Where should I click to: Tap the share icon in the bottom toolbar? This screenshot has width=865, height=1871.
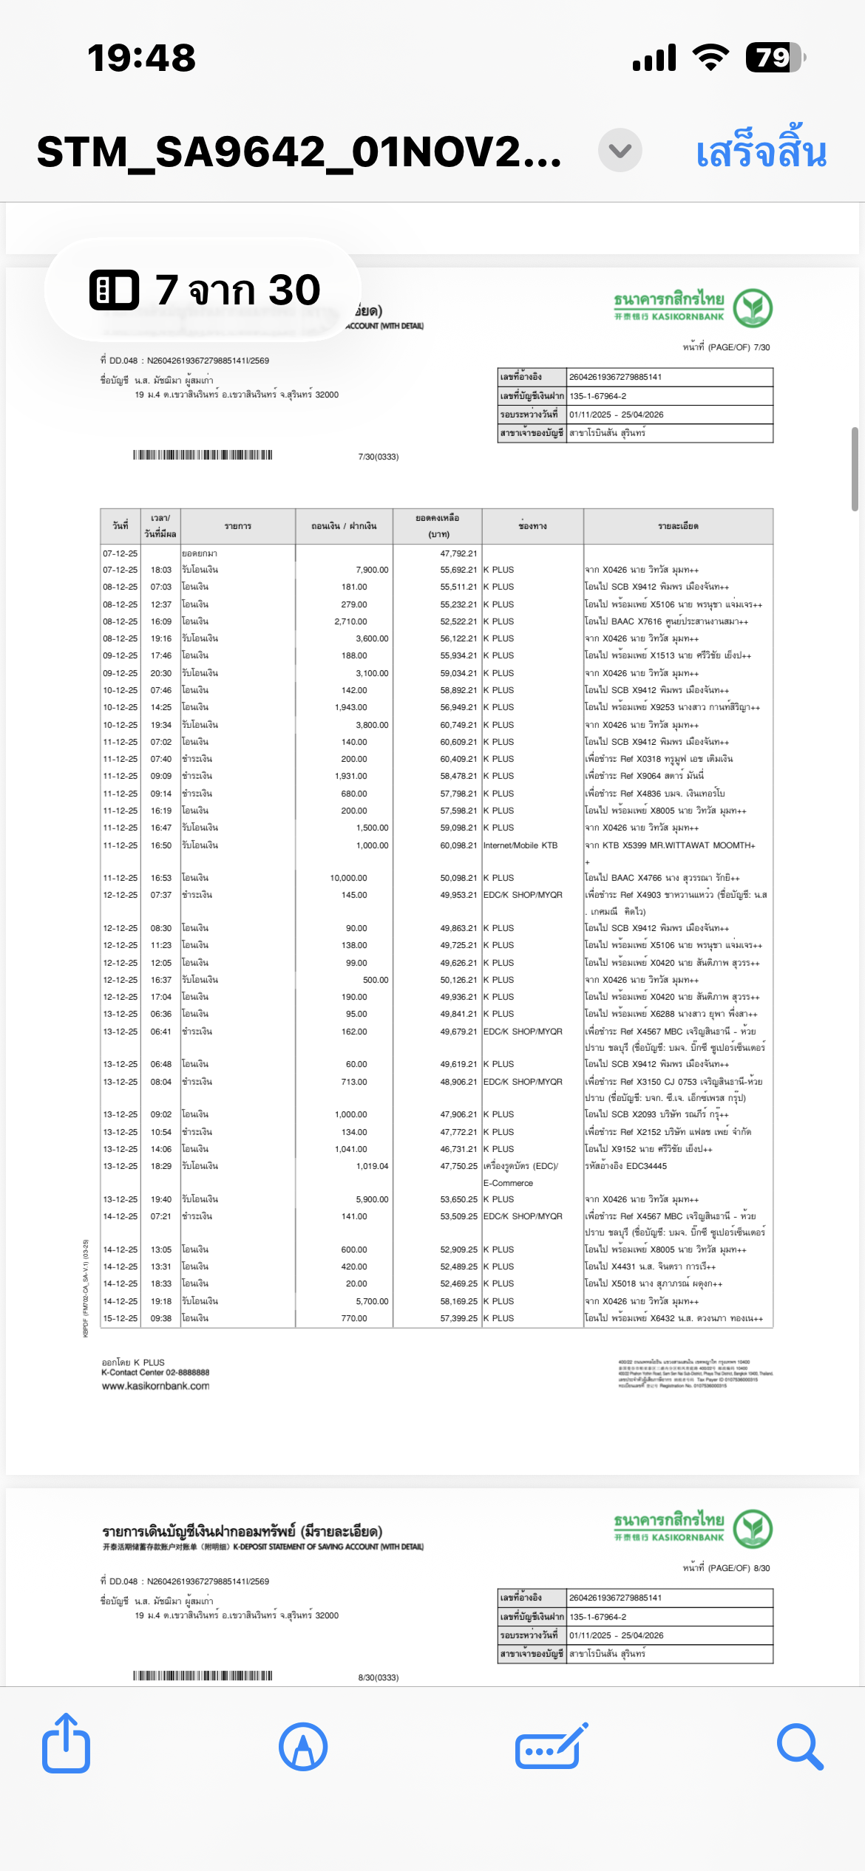66,1745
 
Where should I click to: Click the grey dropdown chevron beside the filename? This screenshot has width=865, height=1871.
620,151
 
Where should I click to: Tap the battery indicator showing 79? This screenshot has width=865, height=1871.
774,58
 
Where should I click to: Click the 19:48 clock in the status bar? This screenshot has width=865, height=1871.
141,58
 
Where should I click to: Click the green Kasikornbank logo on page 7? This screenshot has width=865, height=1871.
753,307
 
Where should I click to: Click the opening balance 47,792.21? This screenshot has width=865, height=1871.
458,553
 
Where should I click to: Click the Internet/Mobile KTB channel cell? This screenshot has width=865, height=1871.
520,845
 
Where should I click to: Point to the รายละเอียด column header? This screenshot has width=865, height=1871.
678,526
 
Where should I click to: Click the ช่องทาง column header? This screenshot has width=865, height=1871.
532,526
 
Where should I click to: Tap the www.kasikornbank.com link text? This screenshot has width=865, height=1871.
155,1386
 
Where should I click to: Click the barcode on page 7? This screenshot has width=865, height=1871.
203,454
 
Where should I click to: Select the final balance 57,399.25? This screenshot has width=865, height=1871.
458,1318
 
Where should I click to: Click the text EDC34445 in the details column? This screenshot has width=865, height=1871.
646,1166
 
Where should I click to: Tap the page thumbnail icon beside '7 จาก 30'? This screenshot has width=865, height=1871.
114,289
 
